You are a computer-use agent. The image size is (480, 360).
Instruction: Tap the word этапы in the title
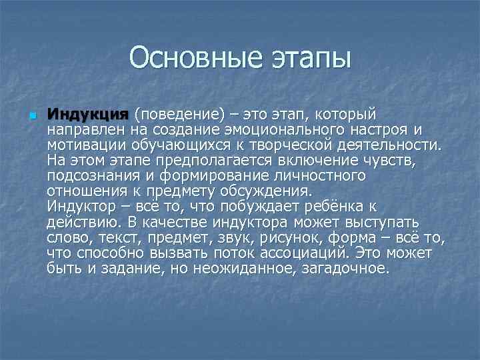coord(309,59)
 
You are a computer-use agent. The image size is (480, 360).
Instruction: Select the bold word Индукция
coord(89,114)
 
